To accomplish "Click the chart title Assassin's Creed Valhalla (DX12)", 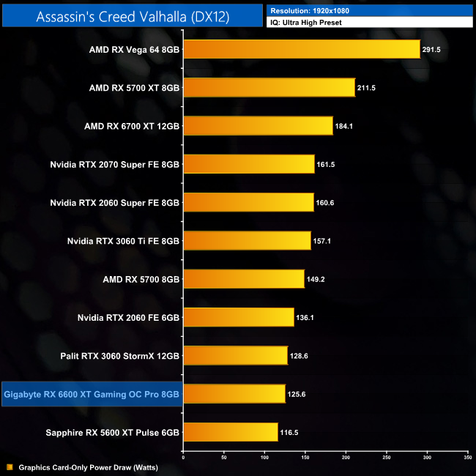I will coord(133,16).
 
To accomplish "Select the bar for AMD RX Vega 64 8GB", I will coord(301,50).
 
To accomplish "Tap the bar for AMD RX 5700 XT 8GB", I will coord(269,88).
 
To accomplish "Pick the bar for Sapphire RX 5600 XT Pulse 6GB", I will coord(230,432).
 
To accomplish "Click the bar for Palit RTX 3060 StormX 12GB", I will coord(235,356).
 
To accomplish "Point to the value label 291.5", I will coord(434,50).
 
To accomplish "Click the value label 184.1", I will coord(346,126).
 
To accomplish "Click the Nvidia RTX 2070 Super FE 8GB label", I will coord(115,164).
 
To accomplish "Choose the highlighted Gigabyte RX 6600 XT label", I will coord(92,395).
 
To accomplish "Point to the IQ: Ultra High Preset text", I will coord(305,23).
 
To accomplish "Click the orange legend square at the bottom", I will coord(10,467).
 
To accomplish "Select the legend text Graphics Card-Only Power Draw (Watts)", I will coord(88,467).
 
